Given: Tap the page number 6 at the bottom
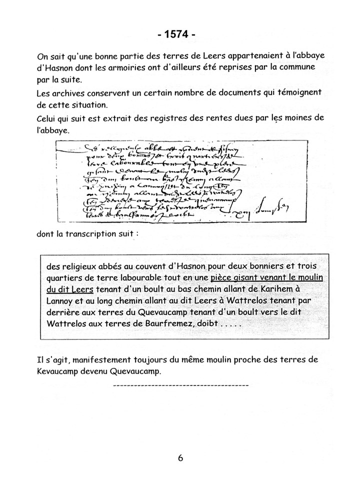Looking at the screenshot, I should [180, 457].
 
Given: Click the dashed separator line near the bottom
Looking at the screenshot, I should [180, 385].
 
